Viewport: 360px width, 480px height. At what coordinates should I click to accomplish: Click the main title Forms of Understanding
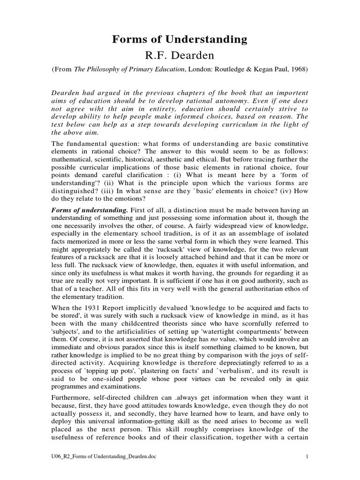tap(180, 39)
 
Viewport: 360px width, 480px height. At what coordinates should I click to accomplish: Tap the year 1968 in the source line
tap(298, 70)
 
